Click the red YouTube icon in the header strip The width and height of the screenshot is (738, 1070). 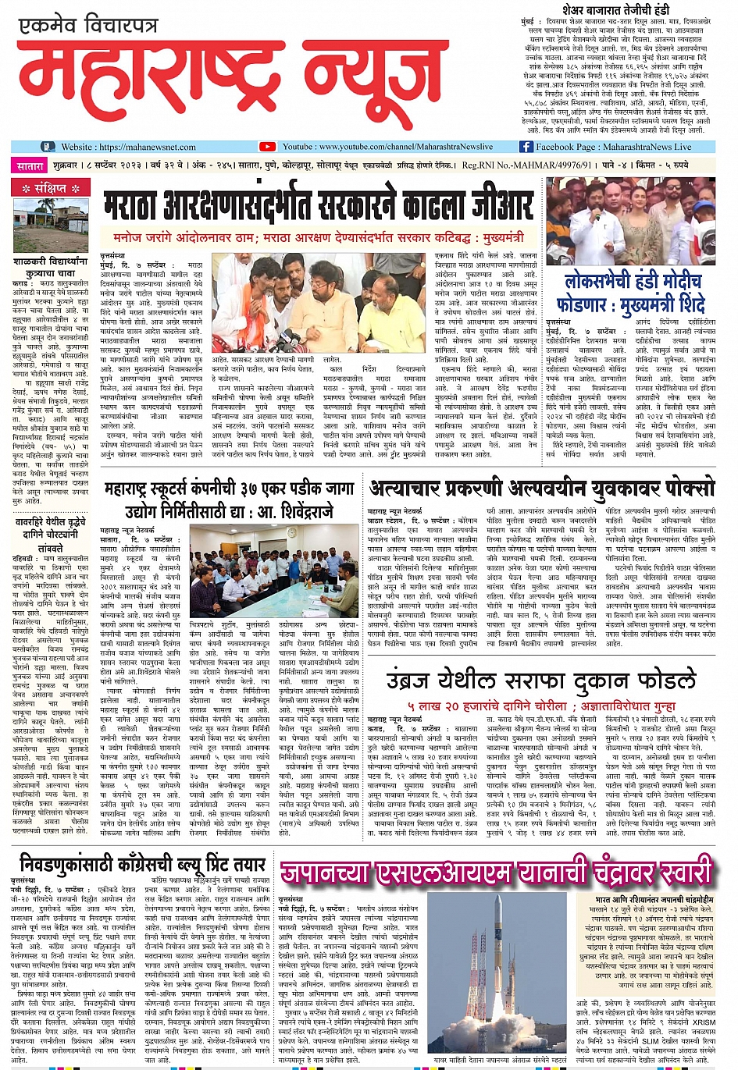(267, 147)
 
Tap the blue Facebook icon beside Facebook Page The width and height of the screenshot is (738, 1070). (526, 147)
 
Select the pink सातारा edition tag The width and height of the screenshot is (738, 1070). (30, 165)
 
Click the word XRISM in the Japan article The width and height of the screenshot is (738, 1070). (704, 1022)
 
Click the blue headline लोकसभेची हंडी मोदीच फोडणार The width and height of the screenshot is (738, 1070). (634, 292)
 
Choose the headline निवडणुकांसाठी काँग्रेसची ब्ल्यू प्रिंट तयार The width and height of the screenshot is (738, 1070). (142, 864)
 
